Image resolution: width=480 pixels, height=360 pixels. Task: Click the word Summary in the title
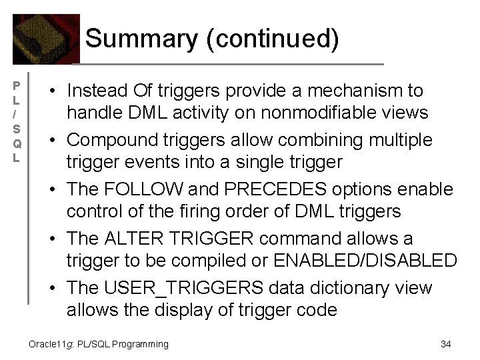coord(141,39)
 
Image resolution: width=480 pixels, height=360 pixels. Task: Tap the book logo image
coord(45,39)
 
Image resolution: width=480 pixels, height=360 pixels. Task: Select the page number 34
coord(446,344)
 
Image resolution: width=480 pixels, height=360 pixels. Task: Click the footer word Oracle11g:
coord(49,344)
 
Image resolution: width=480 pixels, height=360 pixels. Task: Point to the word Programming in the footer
coord(140,344)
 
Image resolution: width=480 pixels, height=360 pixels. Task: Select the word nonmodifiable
coord(320,113)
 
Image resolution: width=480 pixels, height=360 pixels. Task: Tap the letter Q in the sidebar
coord(18,143)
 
